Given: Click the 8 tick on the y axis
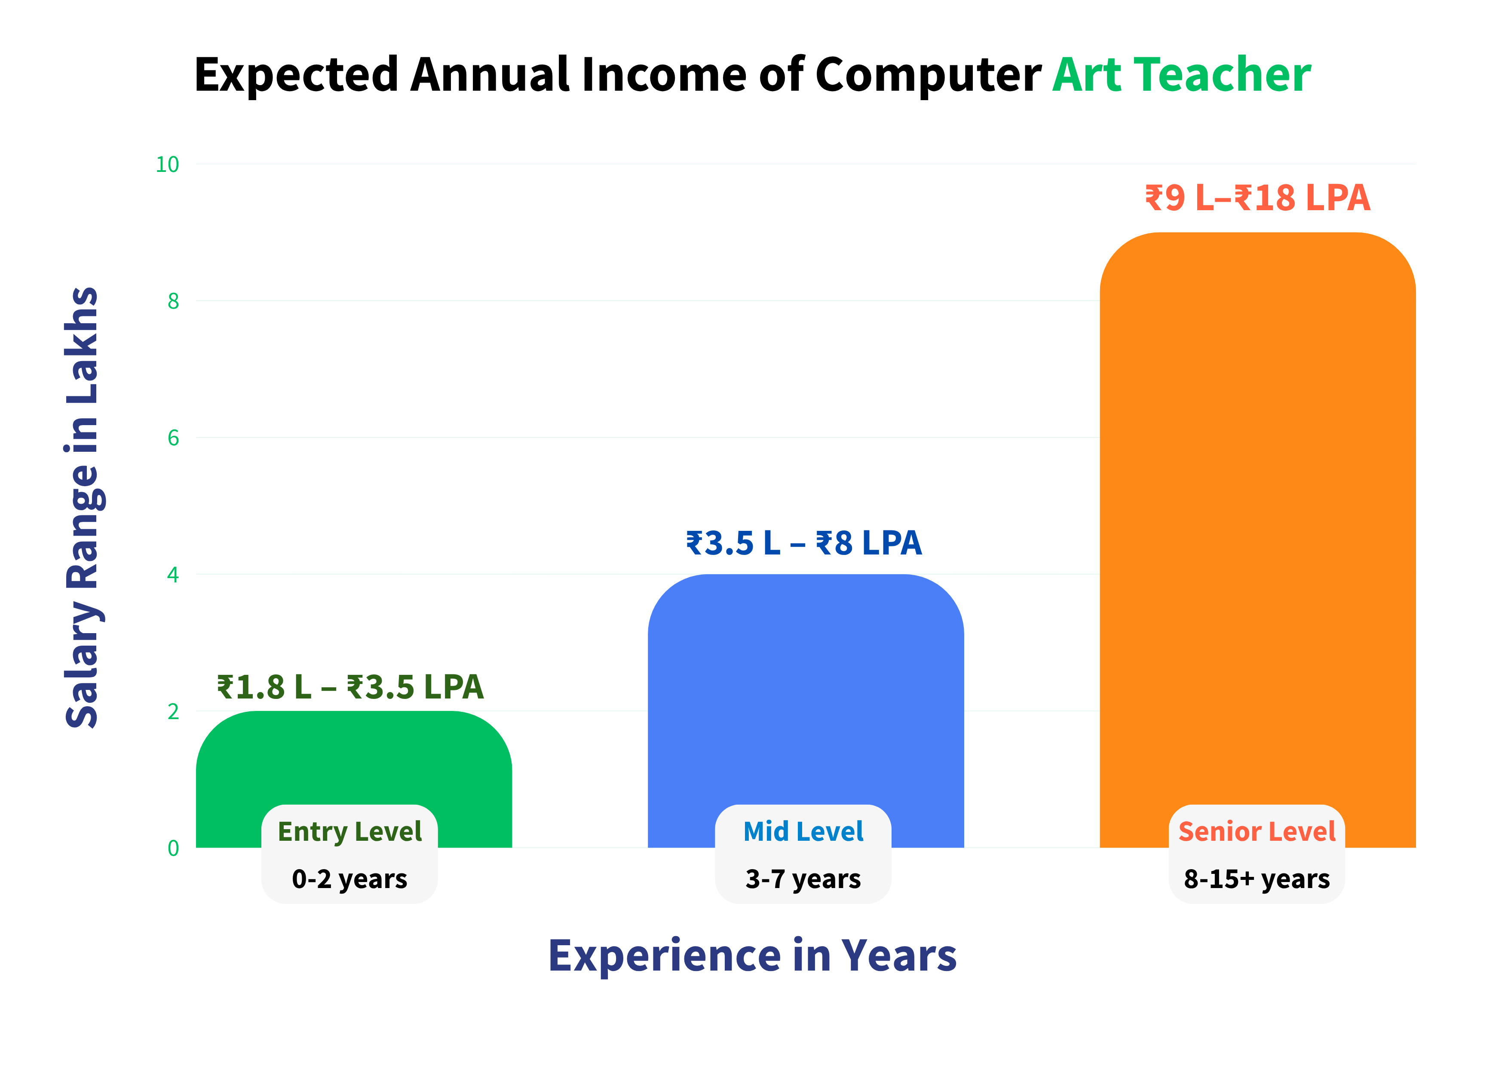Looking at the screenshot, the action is [173, 301].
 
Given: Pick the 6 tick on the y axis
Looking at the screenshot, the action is [173, 438].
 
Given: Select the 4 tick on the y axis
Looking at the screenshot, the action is [173, 575].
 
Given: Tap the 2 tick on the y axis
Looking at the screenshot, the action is [173, 711].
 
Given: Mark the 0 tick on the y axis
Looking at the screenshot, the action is [173, 848].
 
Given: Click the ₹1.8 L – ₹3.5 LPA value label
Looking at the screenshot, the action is [350, 687].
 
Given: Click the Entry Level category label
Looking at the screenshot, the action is [349, 831].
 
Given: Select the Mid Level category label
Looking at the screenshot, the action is [803, 831].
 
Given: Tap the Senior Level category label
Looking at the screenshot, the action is [1257, 831].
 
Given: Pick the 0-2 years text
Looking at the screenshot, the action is [349, 879].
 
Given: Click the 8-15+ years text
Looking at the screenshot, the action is [1257, 879].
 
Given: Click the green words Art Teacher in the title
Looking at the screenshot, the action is [1182, 74].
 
